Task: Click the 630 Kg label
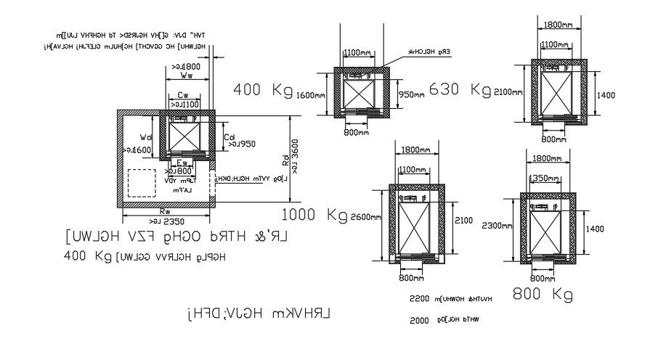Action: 460,89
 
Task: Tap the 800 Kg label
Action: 543,294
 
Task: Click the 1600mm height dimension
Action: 311,94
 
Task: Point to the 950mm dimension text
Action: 412,94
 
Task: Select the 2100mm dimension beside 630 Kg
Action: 508,91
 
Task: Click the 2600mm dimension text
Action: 365,218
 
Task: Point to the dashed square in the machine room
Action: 142,183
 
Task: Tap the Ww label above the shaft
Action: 187,75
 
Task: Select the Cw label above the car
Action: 184,95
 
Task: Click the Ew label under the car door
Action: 182,163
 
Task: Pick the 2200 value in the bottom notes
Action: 421,299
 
